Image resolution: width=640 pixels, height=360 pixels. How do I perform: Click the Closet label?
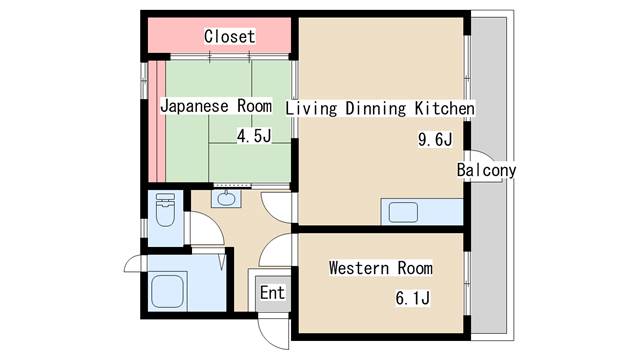(x=229, y=37)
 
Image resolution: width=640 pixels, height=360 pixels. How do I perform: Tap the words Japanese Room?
(x=216, y=106)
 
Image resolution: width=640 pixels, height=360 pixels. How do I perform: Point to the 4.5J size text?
(x=254, y=137)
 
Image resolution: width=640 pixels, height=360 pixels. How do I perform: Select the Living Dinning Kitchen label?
(x=380, y=107)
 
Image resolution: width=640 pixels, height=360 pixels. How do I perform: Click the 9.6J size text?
(x=435, y=140)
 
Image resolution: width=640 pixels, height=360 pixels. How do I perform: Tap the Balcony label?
(x=486, y=171)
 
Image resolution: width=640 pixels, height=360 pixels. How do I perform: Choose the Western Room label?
(x=380, y=269)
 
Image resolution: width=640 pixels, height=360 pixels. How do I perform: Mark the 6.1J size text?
(x=411, y=298)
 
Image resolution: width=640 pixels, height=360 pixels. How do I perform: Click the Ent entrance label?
(x=272, y=294)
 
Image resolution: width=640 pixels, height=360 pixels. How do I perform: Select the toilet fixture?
(x=166, y=212)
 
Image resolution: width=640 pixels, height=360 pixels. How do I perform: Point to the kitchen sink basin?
(x=404, y=212)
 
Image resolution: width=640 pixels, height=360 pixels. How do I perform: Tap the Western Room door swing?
(x=280, y=250)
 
